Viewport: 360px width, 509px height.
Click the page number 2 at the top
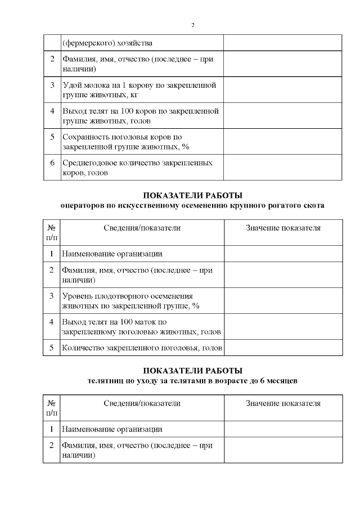(193, 25)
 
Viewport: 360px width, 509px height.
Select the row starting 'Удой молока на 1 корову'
(139, 90)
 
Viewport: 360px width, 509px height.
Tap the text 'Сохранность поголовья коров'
(123, 137)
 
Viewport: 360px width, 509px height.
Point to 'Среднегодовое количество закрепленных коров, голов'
(137, 168)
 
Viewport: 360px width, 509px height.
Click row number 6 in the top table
(52, 163)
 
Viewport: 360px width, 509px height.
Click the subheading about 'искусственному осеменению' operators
(192, 206)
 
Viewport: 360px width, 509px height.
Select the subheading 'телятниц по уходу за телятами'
(192, 381)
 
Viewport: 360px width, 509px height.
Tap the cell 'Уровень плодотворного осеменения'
(127, 296)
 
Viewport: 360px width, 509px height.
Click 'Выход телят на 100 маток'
(115, 322)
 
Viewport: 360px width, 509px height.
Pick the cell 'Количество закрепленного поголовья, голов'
(142, 348)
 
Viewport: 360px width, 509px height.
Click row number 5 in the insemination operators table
(52, 348)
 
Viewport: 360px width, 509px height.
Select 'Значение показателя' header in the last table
(283, 403)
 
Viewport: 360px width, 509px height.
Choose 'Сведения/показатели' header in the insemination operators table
(142, 228)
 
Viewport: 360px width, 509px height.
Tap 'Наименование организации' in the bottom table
(112, 429)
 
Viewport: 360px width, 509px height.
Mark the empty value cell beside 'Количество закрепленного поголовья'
(283, 348)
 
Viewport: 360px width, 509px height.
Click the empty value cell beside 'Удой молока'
(283, 90)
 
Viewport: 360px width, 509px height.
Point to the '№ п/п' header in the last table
(52, 408)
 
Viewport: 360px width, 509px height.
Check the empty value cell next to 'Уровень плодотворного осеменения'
(283, 301)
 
